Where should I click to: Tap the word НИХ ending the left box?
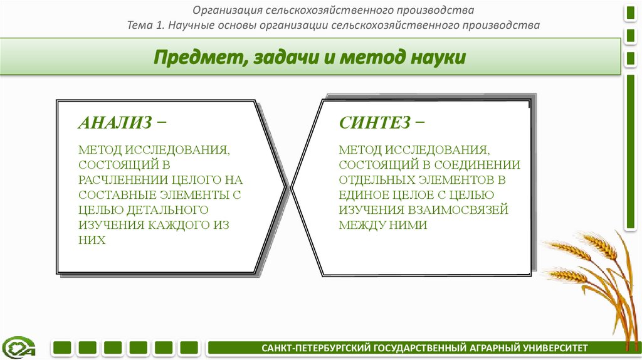[x=92, y=240]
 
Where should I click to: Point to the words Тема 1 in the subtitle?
[x=145, y=26]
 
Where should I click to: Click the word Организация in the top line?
[x=227, y=10]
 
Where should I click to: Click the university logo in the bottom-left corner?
[x=19, y=347]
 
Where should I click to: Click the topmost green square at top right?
[x=629, y=11]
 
